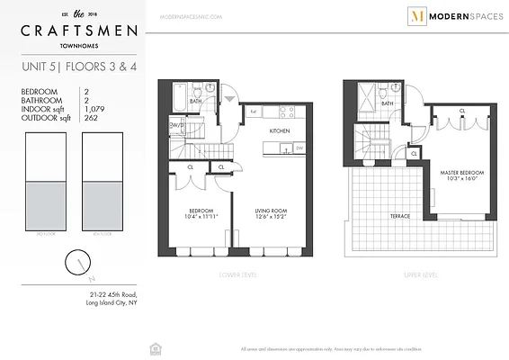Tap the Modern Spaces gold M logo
[391, 16]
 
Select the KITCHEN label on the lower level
[281, 131]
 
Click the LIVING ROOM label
[271, 212]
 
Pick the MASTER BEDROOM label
[460, 172]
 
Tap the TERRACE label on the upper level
[400, 216]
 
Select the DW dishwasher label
[298, 147]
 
